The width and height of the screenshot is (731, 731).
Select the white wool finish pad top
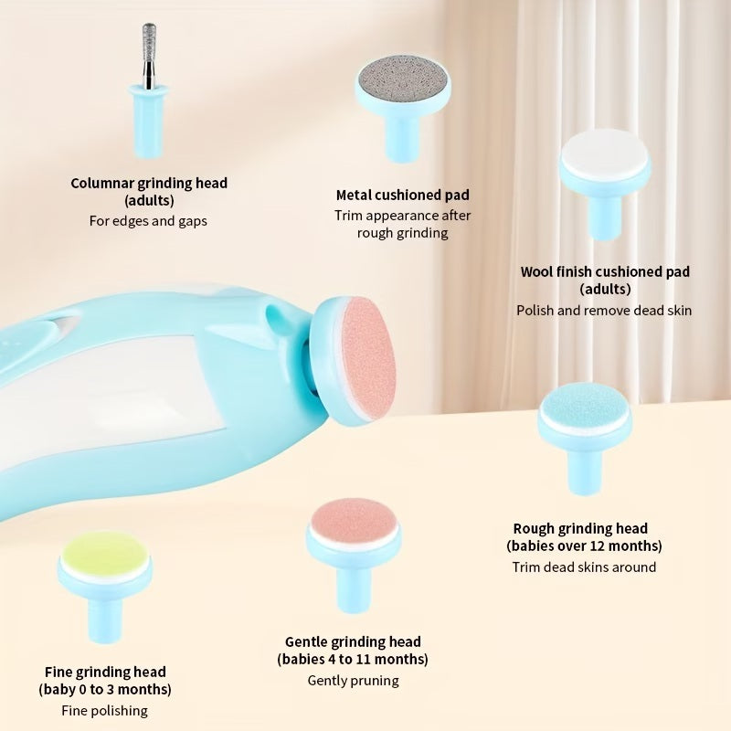603,154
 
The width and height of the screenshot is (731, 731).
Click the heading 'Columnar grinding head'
149,183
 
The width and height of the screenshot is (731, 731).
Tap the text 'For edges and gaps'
148,221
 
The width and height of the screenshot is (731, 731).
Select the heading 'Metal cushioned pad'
403,195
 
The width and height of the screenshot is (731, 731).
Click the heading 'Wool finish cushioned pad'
605,271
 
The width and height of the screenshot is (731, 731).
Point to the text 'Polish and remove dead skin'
604,310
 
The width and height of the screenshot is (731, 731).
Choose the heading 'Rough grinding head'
580,528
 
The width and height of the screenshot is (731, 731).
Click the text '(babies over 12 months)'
584,546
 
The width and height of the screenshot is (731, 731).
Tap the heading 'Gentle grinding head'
353,641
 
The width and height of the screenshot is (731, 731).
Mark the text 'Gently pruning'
353,680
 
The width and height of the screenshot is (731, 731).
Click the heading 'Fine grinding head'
105,672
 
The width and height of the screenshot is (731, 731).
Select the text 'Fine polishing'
105,710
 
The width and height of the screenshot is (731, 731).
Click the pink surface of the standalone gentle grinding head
353,520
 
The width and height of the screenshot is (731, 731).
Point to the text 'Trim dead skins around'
584,567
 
